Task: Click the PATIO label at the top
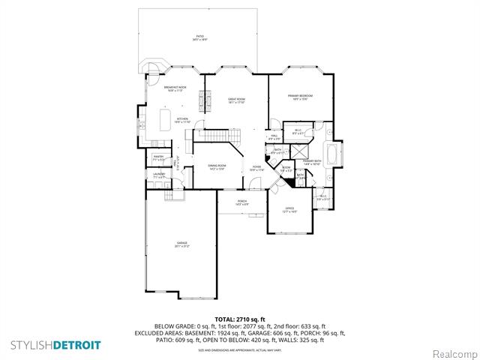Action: pos(200,37)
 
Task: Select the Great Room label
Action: pos(237,100)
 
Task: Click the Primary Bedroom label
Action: pos(299,97)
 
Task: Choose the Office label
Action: pos(289,210)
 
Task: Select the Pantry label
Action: pos(158,158)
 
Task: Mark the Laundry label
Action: pos(159,175)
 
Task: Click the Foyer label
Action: pos(256,168)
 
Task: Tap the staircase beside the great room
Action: pos(215,136)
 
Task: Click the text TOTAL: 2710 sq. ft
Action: pos(239,319)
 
